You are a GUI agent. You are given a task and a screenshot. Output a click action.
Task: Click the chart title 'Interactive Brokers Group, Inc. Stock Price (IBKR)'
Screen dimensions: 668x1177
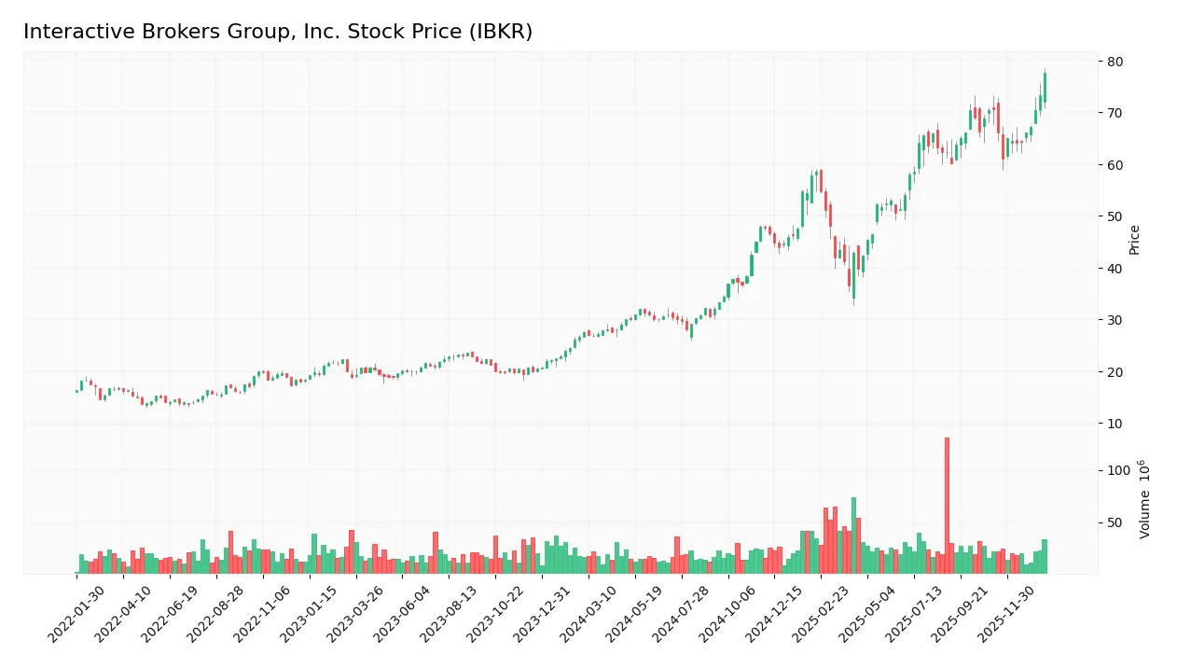pos(277,32)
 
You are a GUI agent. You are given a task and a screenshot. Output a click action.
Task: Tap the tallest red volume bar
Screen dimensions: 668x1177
pos(947,505)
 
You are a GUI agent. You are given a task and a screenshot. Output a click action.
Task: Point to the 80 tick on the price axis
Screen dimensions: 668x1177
pos(1115,62)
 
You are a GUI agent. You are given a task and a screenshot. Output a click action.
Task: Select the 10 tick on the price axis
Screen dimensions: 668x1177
pos(1115,424)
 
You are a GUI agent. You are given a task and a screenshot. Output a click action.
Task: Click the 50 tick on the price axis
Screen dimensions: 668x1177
pos(1115,216)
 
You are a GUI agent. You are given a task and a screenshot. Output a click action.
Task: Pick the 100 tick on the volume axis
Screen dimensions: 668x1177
pos(1119,470)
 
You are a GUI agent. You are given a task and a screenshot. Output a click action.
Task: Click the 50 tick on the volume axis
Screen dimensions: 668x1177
pos(1115,522)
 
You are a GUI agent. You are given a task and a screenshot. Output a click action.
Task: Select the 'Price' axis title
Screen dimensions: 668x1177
pos(1134,240)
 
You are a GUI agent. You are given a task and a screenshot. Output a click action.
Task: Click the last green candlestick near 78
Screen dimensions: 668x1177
pos(1045,87)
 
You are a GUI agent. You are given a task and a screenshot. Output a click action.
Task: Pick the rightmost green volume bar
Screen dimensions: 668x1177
pos(1045,556)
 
